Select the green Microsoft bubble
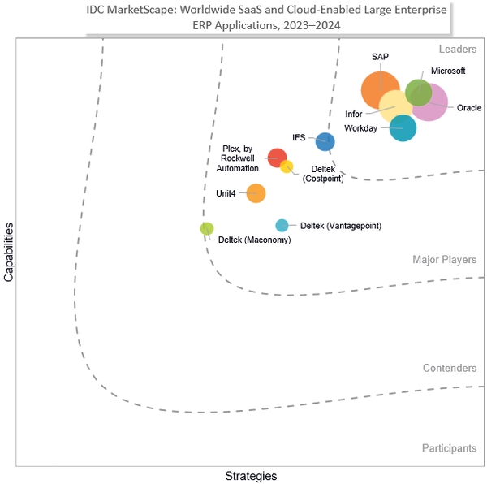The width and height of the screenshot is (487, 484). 418,93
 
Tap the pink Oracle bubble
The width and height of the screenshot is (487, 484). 433,103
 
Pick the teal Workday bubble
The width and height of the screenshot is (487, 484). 403,127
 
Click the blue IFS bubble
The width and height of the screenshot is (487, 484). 325,140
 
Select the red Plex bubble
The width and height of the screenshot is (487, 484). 277,158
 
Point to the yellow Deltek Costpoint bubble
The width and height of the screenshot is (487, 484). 287,167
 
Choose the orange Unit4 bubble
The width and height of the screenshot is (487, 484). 256,193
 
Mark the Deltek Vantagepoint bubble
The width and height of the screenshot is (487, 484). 282,226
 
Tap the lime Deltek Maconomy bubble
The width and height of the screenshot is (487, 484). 207,228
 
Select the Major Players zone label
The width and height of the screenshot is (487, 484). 444,260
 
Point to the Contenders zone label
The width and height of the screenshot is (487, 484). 450,369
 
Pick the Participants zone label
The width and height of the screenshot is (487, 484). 449,448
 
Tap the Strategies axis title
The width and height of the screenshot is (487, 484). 250,475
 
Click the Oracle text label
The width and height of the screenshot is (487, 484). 469,108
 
